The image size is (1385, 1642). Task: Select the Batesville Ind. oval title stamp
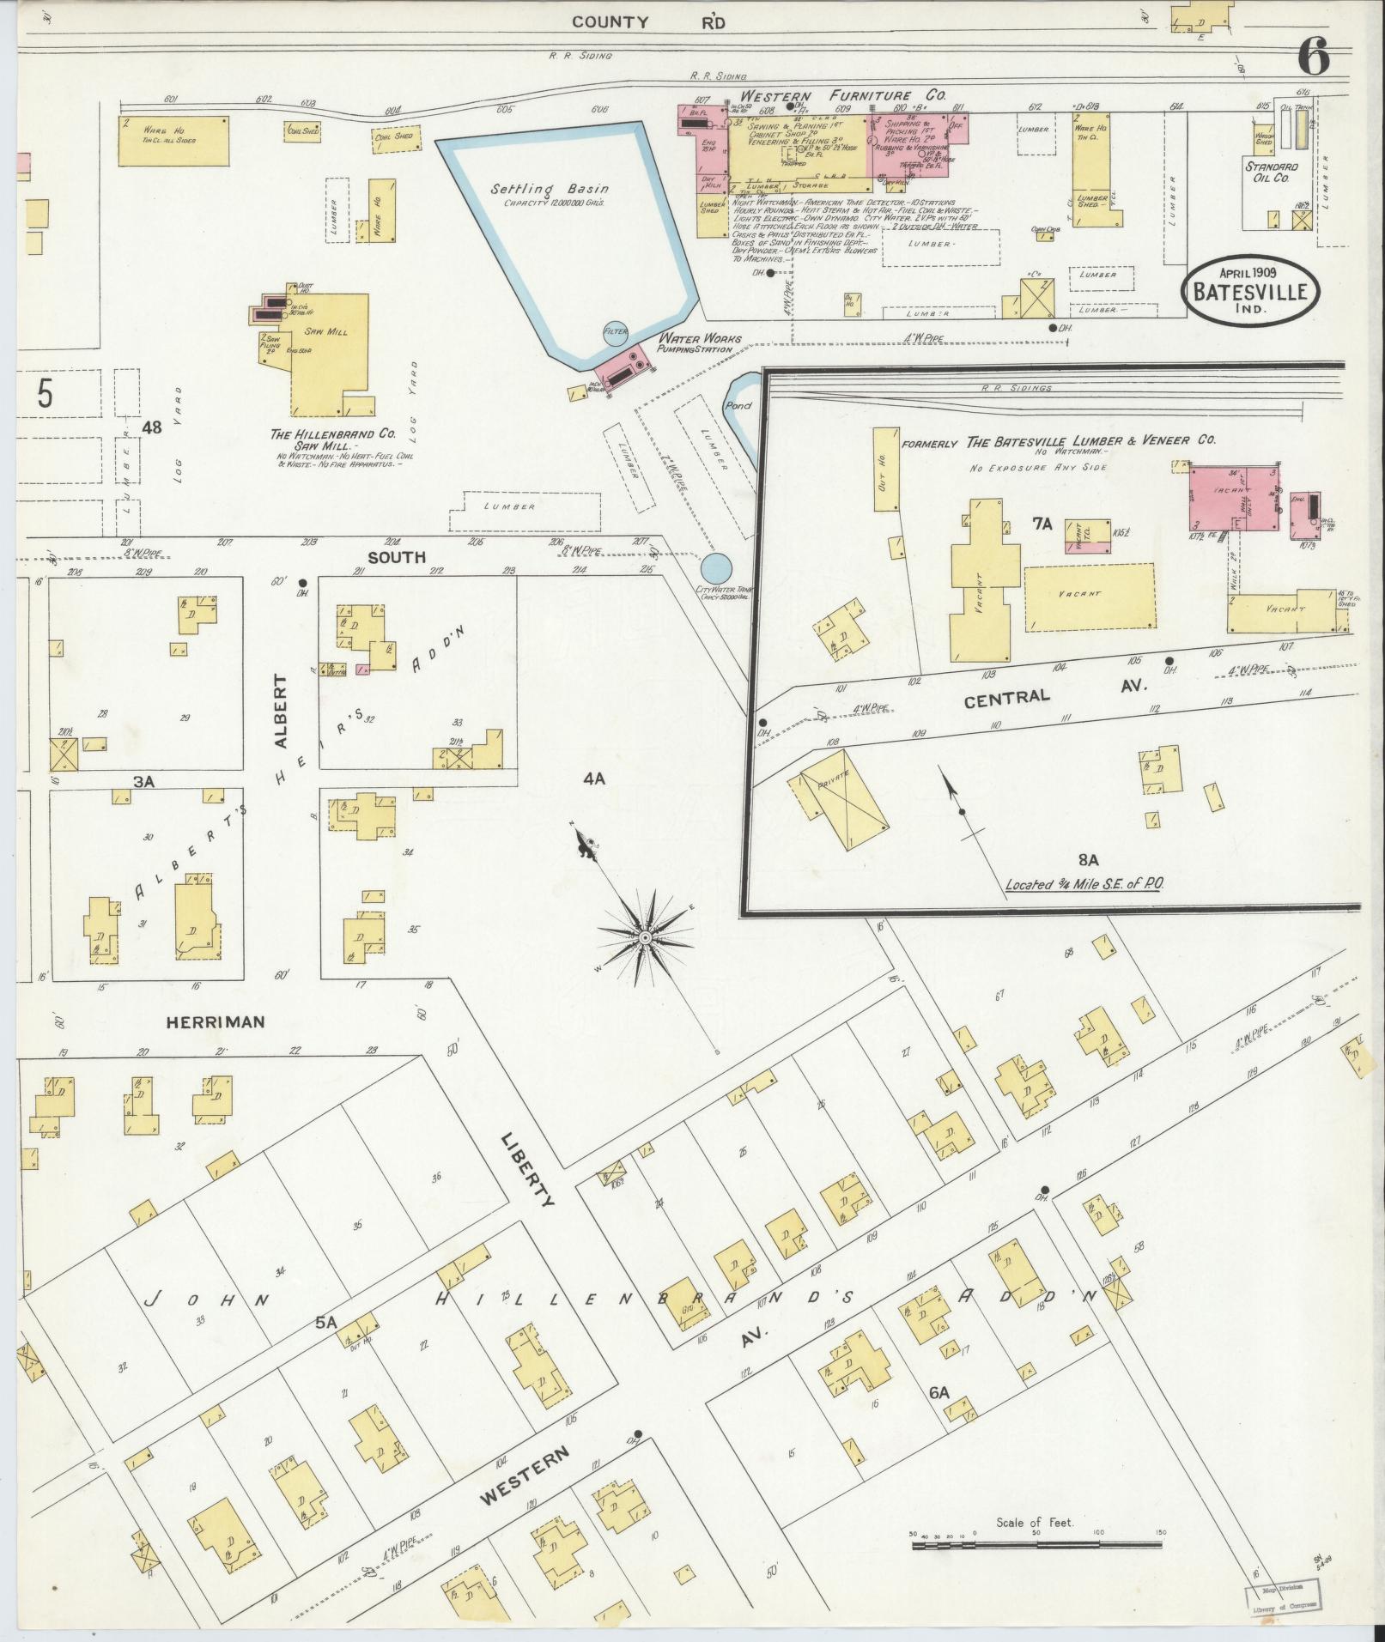1251,293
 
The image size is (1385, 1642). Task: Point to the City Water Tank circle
716,567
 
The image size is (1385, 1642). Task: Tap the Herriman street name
216,1022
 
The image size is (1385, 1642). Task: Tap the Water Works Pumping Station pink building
624,369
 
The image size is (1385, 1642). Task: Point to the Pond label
738,405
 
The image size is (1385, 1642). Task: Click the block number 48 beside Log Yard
152,427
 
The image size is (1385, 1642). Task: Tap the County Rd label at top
648,22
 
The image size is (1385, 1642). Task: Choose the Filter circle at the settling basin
616,330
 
